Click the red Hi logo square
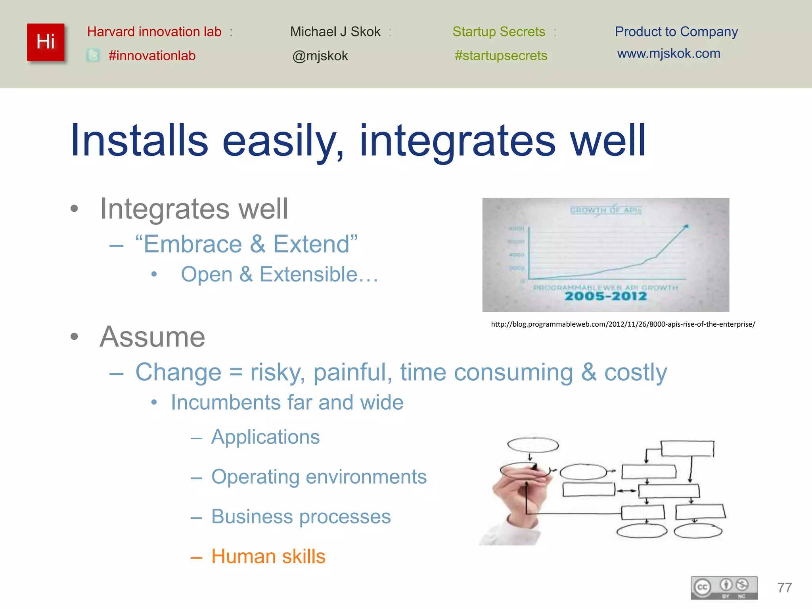pos(46,42)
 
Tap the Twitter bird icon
pos(93,56)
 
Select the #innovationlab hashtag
pos(152,56)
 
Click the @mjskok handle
pos(320,56)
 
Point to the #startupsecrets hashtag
pos(501,56)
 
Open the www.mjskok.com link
pos(668,53)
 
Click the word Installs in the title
pos(139,140)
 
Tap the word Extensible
pos(308,274)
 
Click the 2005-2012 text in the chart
pos(605,296)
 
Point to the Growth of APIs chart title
pos(605,210)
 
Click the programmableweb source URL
pos(623,324)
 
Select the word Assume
pos(152,337)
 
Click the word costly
pos(636,372)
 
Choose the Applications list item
pos(265,437)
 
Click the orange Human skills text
pos(268,556)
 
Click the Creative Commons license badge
pos(724,588)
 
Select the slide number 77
pos(785,588)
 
